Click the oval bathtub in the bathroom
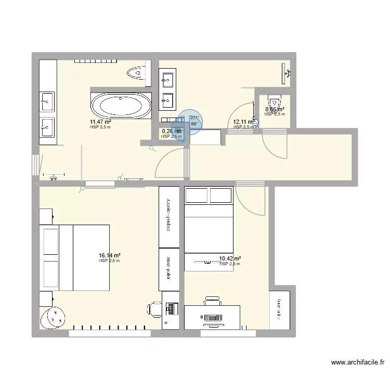pyautogui.click(x=121, y=106)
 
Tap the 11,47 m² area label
pyautogui.click(x=100, y=122)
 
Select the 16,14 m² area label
pyautogui.click(x=109, y=256)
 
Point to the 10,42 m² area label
pyautogui.click(x=230, y=258)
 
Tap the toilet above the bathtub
pyautogui.click(x=136, y=73)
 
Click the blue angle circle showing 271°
pyautogui.click(x=190, y=122)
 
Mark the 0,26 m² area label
pyautogui.click(x=172, y=132)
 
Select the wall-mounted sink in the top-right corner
pyautogui.click(x=287, y=73)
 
